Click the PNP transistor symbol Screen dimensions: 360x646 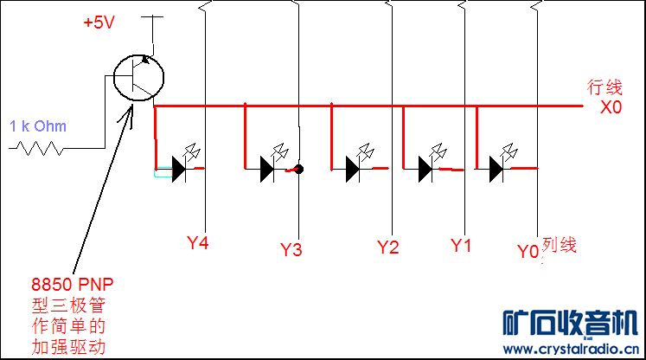click(139, 77)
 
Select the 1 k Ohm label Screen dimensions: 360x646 click(38, 126)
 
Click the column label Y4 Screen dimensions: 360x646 click(198, 243)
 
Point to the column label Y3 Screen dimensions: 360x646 click(291, 250)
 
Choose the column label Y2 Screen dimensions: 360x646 click(388, 247)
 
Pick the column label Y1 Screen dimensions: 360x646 click(461, 245)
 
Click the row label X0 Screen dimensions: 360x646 click(611, 107)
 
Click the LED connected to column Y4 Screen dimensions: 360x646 click(179, 168)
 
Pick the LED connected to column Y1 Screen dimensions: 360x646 click(425, 168)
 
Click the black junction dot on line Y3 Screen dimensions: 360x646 click(297, 170)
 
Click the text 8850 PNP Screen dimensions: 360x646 click(73, 284)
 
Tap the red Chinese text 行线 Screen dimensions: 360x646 click(604, 87)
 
